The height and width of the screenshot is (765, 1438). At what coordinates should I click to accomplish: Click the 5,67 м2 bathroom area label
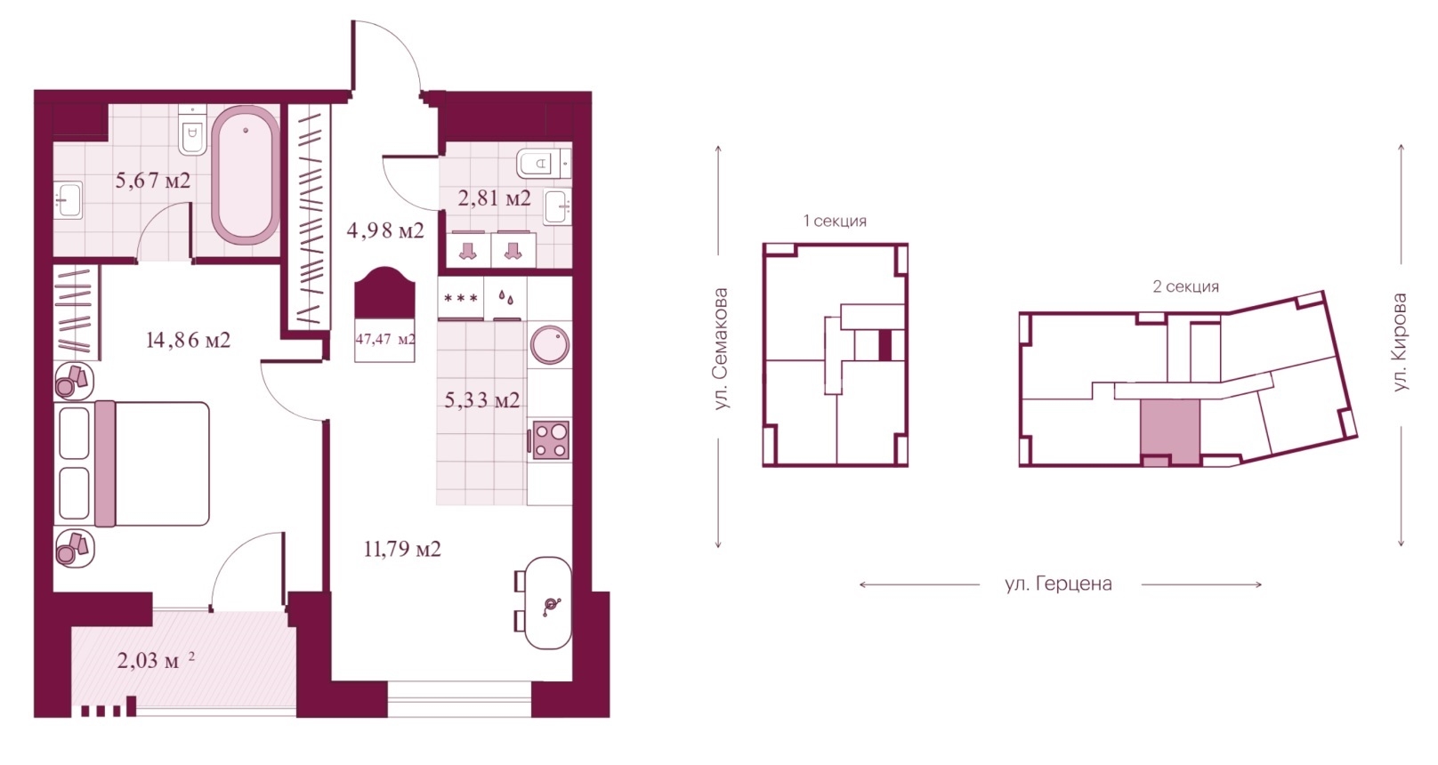coord(153,181)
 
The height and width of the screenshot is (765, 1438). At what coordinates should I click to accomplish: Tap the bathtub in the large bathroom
coord(246,174)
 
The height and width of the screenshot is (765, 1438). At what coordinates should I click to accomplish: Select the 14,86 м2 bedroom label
coord(188,340)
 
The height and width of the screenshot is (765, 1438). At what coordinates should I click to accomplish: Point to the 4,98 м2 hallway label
coord(385,229)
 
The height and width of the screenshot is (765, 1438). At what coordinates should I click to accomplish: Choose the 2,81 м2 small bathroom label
coord(495,198)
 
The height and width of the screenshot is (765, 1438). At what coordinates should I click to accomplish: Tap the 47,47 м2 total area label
coord(385,339)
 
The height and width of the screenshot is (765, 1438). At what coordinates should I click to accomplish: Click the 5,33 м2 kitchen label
coord(482,400)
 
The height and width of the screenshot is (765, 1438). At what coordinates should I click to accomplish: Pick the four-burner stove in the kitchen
coord(551,439)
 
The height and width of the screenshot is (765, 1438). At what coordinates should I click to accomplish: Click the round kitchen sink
coord(550,345)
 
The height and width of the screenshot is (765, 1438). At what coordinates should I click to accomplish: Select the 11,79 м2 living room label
coord(402,550)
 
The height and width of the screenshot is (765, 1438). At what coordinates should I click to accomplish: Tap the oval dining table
coord(547,603)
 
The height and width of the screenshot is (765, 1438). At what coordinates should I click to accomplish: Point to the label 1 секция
coord(835,221)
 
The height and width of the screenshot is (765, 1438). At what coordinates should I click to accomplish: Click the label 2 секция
coord(1185,286)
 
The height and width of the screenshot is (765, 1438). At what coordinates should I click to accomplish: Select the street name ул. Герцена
coord(1059,584)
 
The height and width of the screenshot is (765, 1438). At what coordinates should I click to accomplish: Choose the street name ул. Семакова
coord(722,349)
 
